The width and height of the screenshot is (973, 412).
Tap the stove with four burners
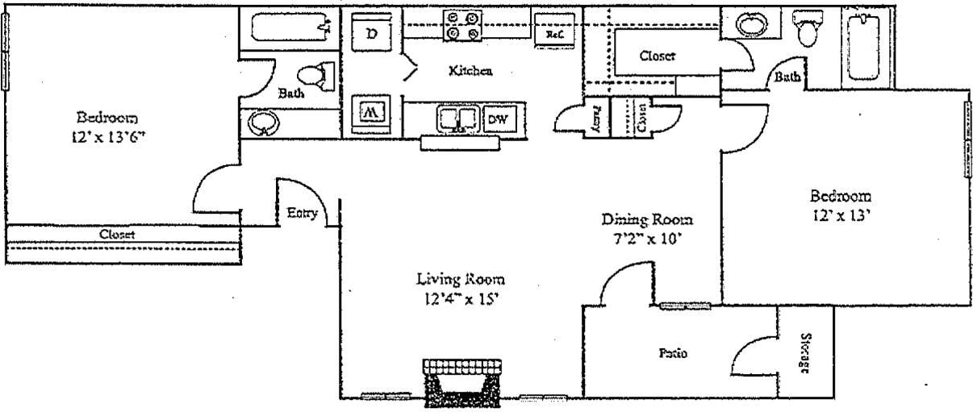pyautogui.click(x=462, y=25)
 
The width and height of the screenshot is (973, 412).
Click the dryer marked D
pyautogui.click(x=371, y=33)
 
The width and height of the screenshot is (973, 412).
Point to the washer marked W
pyautogui.click(x=371, y=111)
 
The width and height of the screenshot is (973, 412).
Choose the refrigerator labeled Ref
pyautogui.click(x=554, y=35)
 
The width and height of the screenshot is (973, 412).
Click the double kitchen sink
pyautogui.click(x=458, y=119)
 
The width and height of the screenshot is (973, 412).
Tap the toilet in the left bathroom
pyautogui.click(x=324, y=77)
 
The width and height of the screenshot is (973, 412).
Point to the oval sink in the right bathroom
pyautogui.click(x=751, y=23)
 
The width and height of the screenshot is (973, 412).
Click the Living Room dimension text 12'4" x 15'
pyautogui.click(x=461, y=300)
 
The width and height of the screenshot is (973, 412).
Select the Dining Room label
pyautogui.click(x=648, y=219)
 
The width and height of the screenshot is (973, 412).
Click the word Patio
pyautogui.click(x=672, y=353)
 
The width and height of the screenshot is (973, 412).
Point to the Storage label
pyautogui.click(x=804, y=352)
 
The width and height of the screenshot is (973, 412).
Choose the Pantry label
pyautogui.click(x=597, y=119)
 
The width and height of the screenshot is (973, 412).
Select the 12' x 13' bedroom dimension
pyautogui.click(x=841, y=216)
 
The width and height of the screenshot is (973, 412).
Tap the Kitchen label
pyautogui.click(x=470, y=71)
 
